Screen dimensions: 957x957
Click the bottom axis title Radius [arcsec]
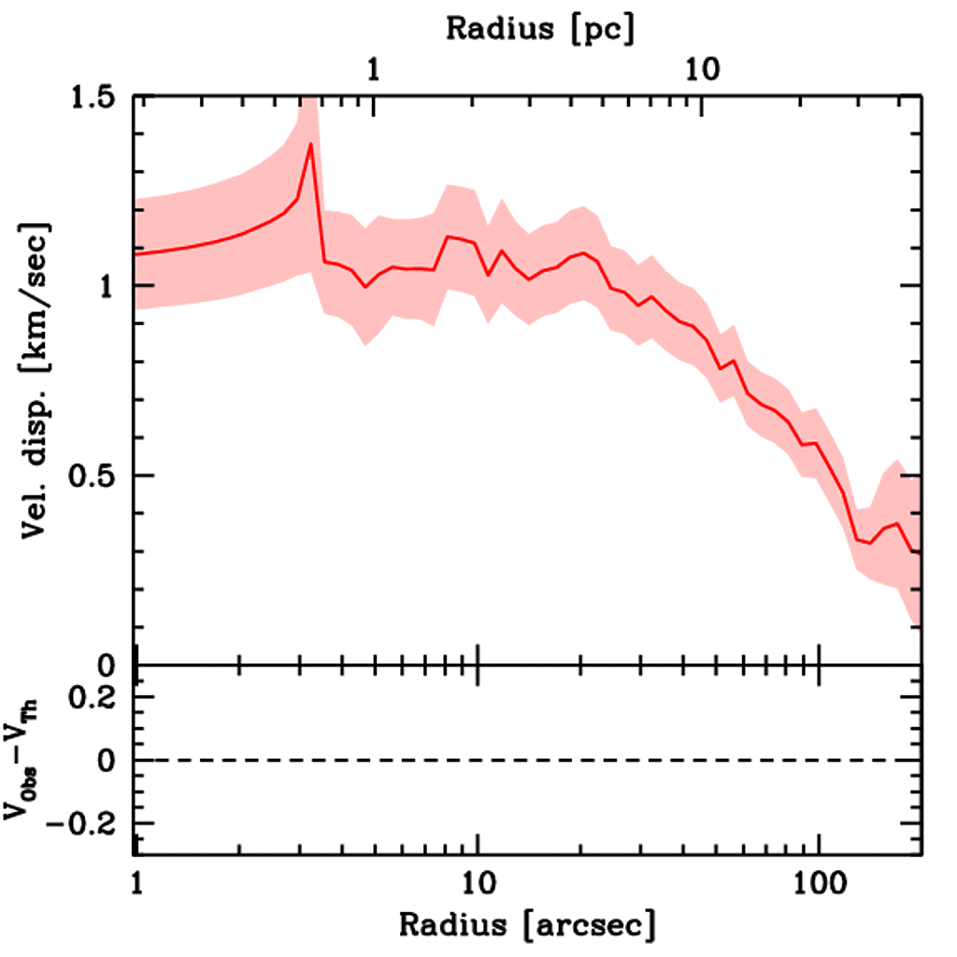tap(527, 924)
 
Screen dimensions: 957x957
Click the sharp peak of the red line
tap(309, 144)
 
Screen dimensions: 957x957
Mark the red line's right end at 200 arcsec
tap(921, 552)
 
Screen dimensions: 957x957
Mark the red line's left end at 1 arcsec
tap(137, 253)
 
